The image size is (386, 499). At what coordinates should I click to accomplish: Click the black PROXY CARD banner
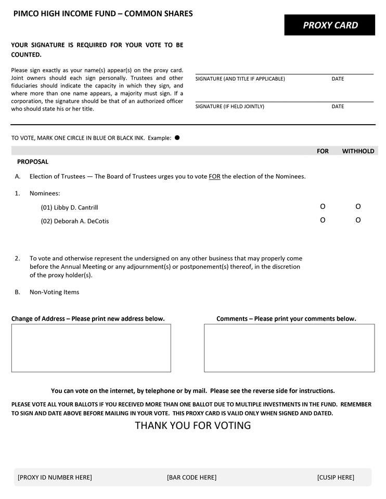click(x=329, y=25)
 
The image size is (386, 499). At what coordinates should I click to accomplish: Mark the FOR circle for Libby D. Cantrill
click(x=323, y=206)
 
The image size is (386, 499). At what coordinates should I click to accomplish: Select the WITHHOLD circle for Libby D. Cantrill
click(x=358, y=206)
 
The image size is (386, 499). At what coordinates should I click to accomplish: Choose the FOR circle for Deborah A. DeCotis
click(x=323, y=220)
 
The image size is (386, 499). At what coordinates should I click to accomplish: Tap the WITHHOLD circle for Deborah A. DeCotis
click(x=358, y=220)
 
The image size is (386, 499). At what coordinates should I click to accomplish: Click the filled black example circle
click(x=177, y=138)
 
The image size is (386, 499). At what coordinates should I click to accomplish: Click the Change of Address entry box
click(x=91, y=348)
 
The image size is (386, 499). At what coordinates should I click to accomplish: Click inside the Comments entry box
click(x=289, y=348)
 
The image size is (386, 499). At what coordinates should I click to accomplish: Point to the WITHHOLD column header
click(x=358, y=151)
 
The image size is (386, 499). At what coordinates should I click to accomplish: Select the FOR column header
click(x=323, y=151)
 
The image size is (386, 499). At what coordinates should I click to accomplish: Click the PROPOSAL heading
click(x=33, y=162)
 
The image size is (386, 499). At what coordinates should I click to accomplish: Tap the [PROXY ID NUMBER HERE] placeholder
click(x=55, y=477)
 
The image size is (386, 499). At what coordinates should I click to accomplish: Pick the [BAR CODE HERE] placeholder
click(x=191, y=477)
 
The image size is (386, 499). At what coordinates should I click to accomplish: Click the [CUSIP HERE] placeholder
click(x=336, y=477)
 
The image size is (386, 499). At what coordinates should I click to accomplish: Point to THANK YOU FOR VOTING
click(x=193, y=425)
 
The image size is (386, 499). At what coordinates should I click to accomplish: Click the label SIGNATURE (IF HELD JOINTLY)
click(x=229, y=107)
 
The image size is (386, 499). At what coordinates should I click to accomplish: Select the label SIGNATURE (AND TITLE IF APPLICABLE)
click(x=240, y=79)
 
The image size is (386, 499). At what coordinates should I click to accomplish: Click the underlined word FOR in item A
click(x=214, y=176)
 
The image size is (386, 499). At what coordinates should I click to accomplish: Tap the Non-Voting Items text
click(x=54, y=292)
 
